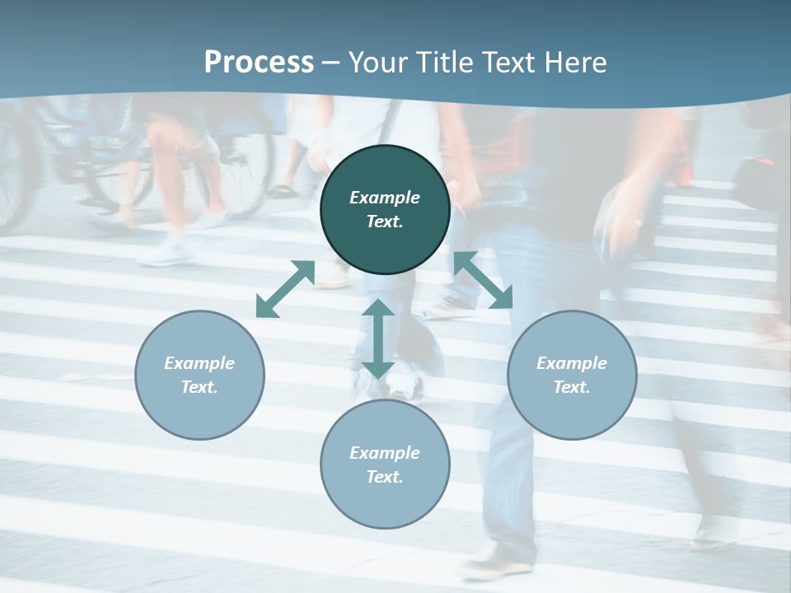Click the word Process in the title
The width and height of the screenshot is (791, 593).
(259, 62)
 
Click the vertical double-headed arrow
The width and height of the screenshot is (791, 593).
(378, 339)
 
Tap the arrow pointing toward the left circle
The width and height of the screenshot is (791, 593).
(285, 289)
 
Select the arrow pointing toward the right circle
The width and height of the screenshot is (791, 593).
(483, 280)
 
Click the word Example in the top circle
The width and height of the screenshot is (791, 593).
(385, 198)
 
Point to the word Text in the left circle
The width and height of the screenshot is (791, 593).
(199, 387)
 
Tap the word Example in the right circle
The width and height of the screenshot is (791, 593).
(572, 363)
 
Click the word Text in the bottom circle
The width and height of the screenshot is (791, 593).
(385, 477)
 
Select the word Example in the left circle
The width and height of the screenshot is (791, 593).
(199, 363)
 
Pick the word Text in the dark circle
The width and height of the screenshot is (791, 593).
(385, 222)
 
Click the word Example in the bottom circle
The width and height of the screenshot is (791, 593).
(385, 453)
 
